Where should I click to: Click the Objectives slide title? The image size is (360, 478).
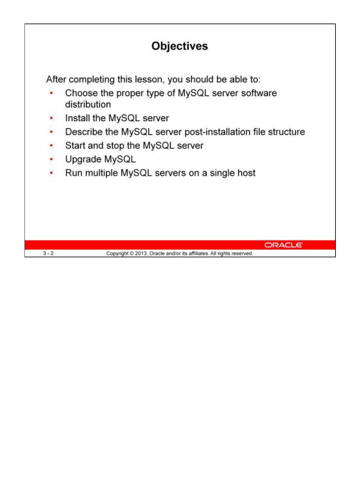[x=180, y=46]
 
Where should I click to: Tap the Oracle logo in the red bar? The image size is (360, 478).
[x=283, y=245]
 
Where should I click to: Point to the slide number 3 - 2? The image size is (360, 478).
[x=48, y=253]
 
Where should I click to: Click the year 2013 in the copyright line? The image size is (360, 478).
[x=141, y=253]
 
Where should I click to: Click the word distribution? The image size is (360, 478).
[x=88, y=105]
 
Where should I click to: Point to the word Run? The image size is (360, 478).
[x=74, y=173]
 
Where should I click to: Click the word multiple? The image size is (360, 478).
[x=101, y=173]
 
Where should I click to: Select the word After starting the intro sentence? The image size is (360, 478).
[x=56, y=79]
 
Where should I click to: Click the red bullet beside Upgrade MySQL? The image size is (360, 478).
[x=51, y=159]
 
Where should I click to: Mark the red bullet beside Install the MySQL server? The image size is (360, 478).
[x=51, y=118]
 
